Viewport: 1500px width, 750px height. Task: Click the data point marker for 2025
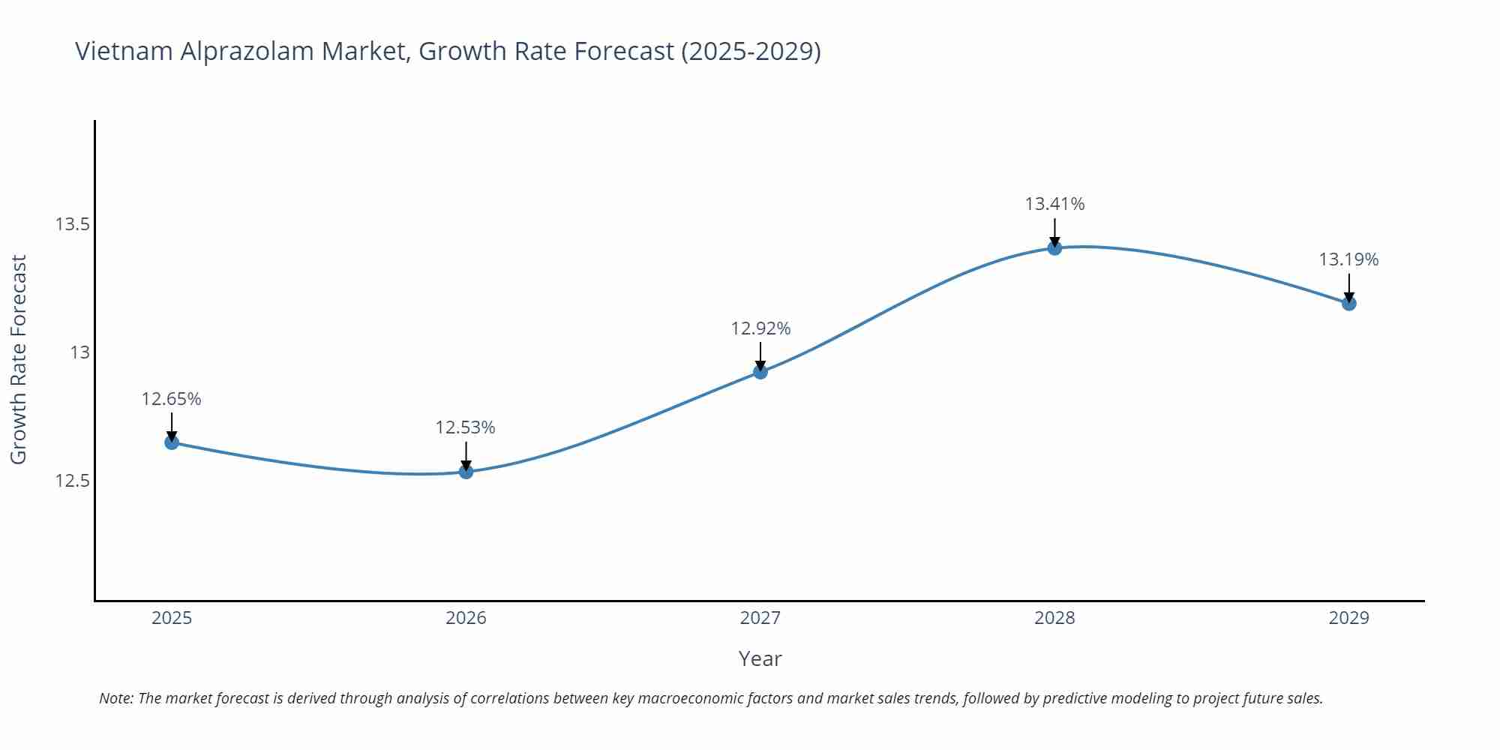pyautogui.click(x=172, y=442)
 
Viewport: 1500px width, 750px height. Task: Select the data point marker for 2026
pyautogui.click(x=466, y=472)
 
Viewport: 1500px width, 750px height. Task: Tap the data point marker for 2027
pyautogui.click(x=760, y=371)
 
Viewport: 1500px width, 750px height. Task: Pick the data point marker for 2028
pyautogui.click(x=1054, y=247)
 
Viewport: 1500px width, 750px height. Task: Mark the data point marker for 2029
pyautogui.click(x=1348, y=303)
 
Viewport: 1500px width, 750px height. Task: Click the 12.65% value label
pyautogui.click(x=172, y=399)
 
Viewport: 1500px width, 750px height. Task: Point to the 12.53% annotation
pyautogui.click(x=466, y=427)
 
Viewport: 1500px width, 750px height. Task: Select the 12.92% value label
pyautogui.click(x=760, y=328)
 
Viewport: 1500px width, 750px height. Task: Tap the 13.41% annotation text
pyautogui.click(x=1054, y=204)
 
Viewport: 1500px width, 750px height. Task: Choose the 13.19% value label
pyautogui.click(x=1348, y=259)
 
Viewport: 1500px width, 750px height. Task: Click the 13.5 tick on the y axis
pyautogui.click(x=72, y=224)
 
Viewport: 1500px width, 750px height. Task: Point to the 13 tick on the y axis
pyautogui.click(x=79, y=352)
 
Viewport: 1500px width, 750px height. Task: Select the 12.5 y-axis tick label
pyautogui.click(x=72, y=481)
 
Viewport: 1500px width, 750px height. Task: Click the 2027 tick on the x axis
pyautogui.click(x=760, y=618)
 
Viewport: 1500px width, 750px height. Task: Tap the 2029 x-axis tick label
pyautogui.click(x=1348, y=618)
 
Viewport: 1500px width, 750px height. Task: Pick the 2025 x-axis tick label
pyautogui.click(x=172, y=618)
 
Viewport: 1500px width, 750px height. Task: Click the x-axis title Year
pyautogui.click(x=760, y=658)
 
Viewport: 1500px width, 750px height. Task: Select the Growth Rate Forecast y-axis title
pyautogui.click(x=19, y=359)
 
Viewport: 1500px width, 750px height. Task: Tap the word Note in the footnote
pyautogui.click(x=115, y=698)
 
